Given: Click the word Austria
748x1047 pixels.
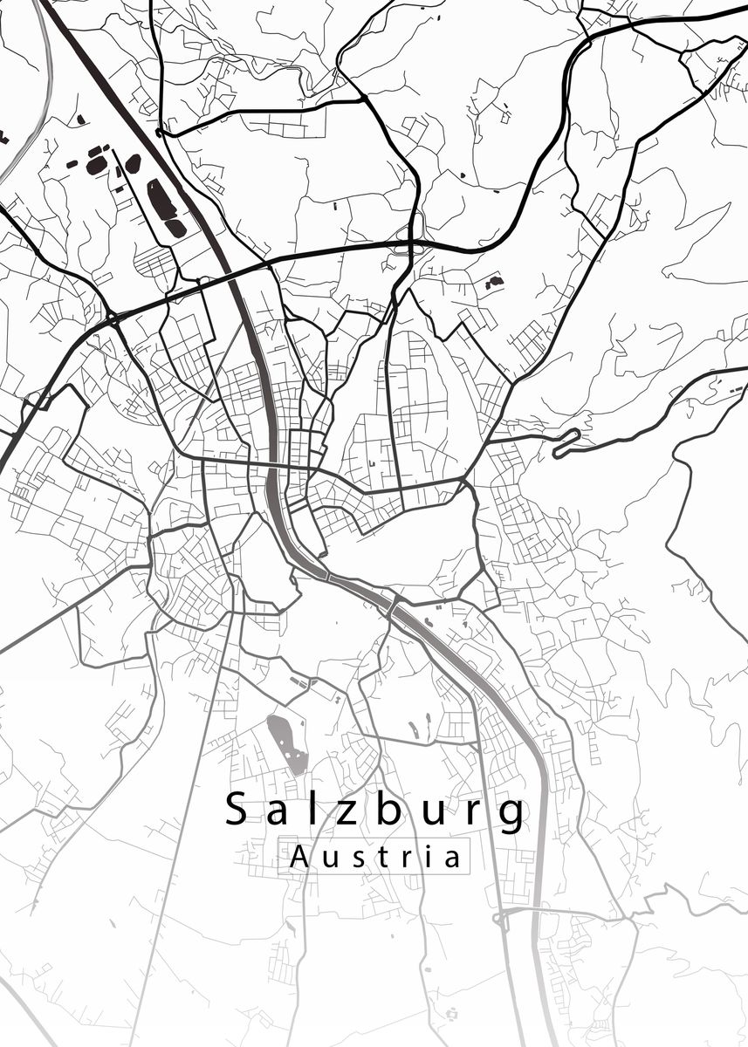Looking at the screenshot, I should click(374, 856).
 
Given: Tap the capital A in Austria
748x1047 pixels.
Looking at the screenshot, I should click(299, 856).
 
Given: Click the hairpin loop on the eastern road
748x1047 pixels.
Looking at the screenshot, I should click(566, 442).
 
